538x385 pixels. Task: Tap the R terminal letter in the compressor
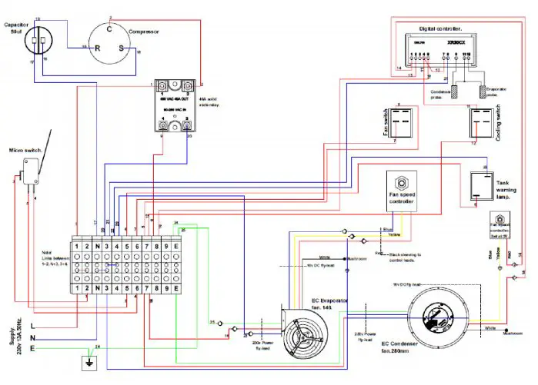(98, 47)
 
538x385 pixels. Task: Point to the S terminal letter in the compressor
(122, 47)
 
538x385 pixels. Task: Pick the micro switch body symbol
(32, 169)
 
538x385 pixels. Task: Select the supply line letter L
(32, 326)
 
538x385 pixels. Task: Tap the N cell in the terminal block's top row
(99, 246)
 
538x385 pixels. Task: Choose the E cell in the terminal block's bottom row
(176, 288)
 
